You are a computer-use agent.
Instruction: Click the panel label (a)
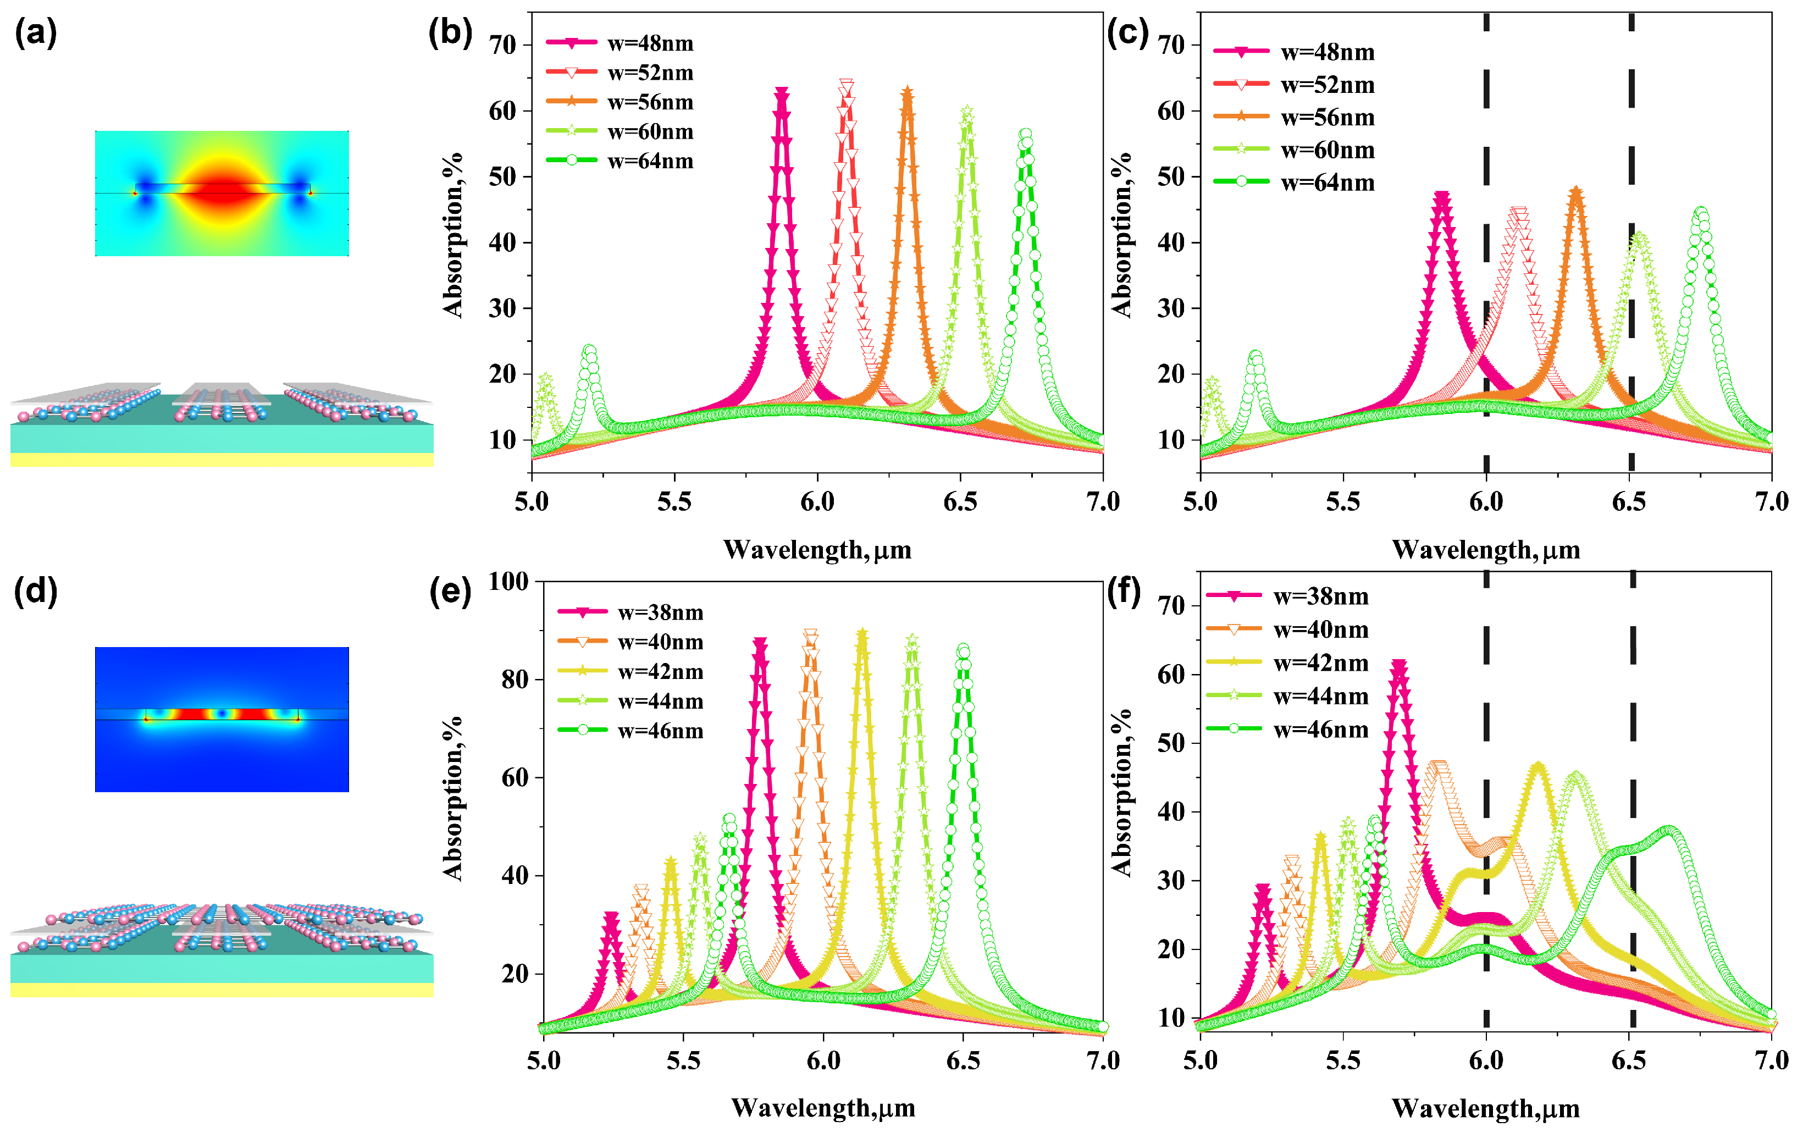(x=35, y=34)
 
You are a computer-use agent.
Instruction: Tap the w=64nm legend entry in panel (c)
(x=1295, y=182)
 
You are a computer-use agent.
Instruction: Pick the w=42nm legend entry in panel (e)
(x=631, y=672)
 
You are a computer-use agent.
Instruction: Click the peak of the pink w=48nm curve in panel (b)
(x=782, y=93)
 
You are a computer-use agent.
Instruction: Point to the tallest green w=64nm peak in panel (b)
(x=1026, y=135)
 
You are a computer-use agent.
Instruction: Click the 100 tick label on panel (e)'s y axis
(x=508, y=581)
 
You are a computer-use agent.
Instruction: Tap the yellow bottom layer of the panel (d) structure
(x=222, y=990)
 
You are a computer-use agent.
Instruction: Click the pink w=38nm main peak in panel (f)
(x=1398, y=665)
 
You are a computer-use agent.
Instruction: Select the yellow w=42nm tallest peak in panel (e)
(x=862, y=635)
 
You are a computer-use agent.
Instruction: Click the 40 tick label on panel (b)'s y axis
(x=502, y=242)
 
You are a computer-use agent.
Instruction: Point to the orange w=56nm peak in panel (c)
(x=1576, y=192)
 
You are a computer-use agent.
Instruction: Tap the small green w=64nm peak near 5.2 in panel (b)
(x=589, y=350)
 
